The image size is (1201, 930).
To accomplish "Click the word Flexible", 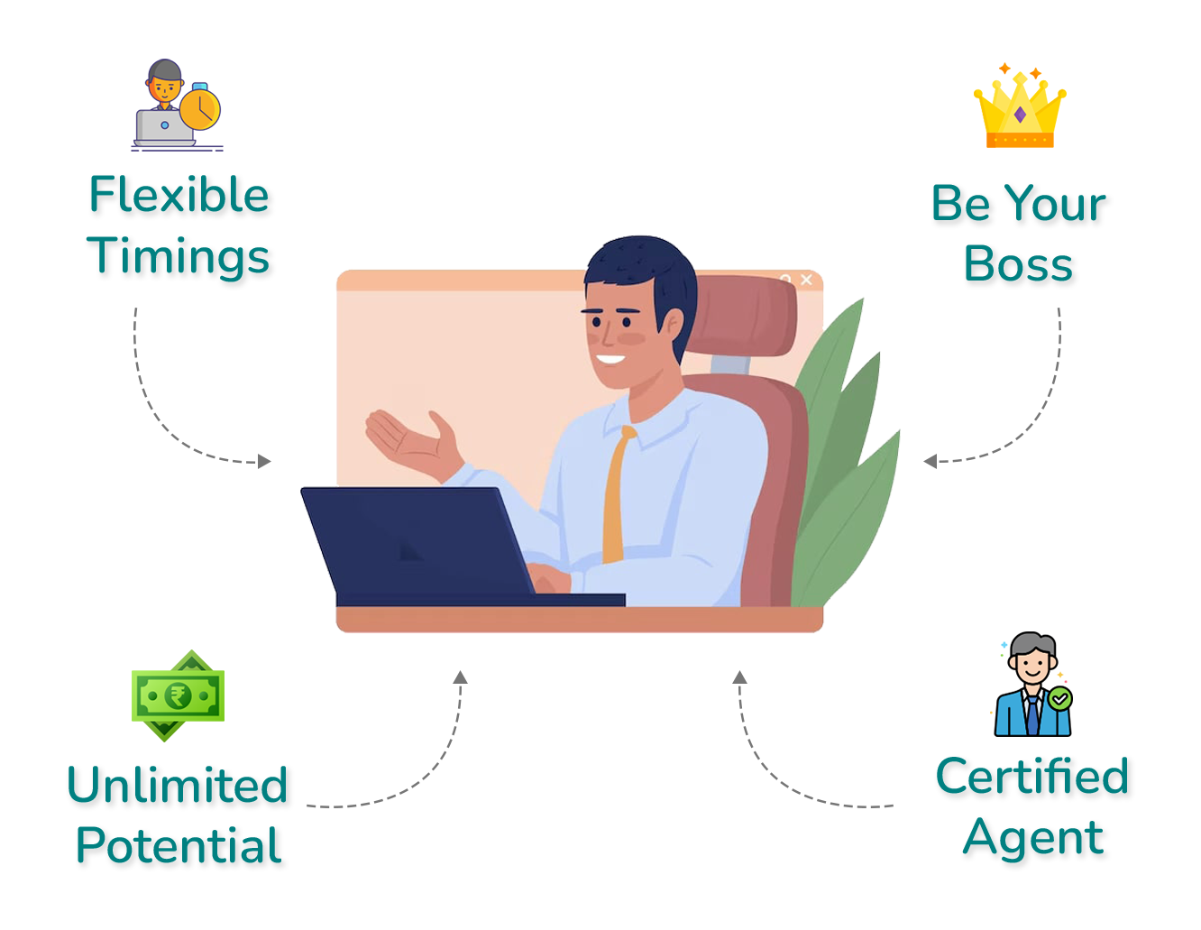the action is click(179, 194).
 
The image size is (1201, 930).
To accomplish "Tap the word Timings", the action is click(178, 256).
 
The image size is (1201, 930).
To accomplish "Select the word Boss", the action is click(1019, 263).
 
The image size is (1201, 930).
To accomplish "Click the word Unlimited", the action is click(178, 784).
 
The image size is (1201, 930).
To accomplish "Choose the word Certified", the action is click(1031, 775).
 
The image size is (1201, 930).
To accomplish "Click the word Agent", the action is click(1033, 839).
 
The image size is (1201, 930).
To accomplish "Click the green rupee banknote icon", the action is click(178, 695).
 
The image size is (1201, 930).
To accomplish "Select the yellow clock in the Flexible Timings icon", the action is click(199, 108).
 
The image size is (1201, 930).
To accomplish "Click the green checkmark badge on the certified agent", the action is click(1060, 698).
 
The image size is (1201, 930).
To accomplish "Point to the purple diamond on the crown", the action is click(1021, 115).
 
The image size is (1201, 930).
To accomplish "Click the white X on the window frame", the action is click(806, 280).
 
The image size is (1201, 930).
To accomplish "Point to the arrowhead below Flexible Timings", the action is click(264, 461).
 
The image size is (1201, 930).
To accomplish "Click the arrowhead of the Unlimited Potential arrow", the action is click(461, 677).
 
